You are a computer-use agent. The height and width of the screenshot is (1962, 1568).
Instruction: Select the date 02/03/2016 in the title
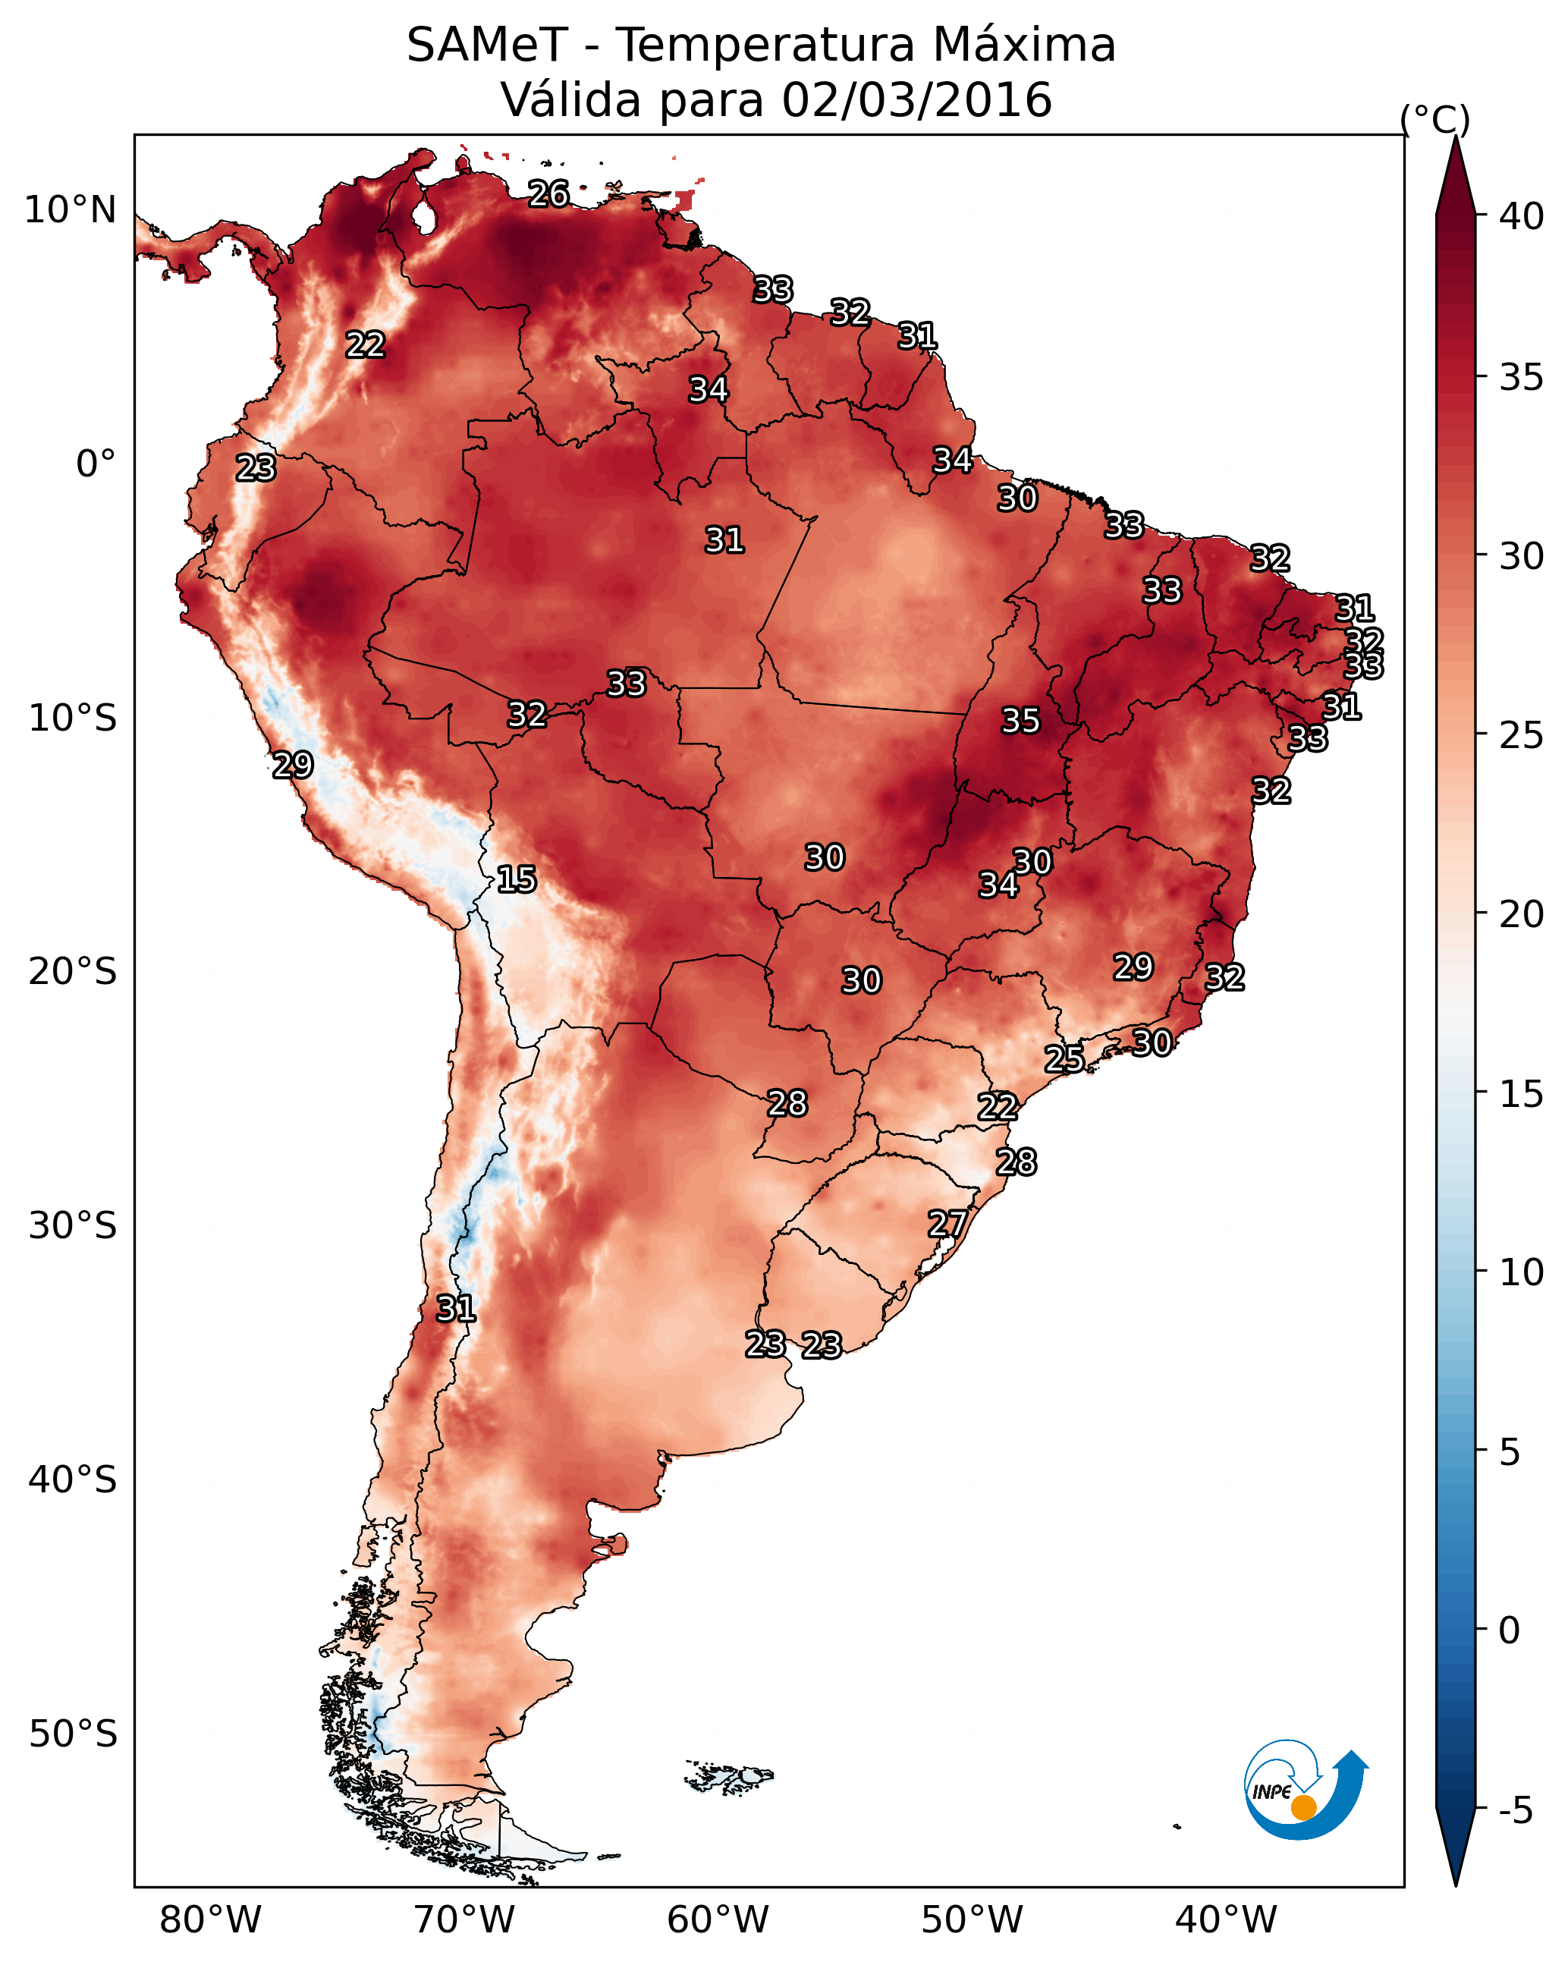916,100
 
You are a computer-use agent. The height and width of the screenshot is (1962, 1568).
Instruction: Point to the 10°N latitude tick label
70,210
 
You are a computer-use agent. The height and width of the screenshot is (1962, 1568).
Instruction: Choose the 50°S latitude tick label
73,1734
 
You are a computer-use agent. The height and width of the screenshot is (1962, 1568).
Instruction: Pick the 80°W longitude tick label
210,1920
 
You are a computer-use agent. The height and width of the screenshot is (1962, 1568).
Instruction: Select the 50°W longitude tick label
972,1920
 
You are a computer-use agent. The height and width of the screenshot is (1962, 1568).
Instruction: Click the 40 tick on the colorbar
1522,216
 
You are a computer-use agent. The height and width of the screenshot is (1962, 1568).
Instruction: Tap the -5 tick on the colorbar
1516,1811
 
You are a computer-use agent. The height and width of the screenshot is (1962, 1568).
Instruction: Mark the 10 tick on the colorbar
1522,1272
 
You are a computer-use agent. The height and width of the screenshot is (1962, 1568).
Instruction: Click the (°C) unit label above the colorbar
1435,119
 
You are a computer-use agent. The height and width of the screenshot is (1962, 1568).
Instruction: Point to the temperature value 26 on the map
548,193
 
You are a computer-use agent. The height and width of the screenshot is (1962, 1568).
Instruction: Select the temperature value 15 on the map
516,879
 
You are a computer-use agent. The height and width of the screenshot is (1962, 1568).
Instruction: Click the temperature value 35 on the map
1020,721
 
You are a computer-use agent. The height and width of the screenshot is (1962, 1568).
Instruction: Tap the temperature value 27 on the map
947,1224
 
